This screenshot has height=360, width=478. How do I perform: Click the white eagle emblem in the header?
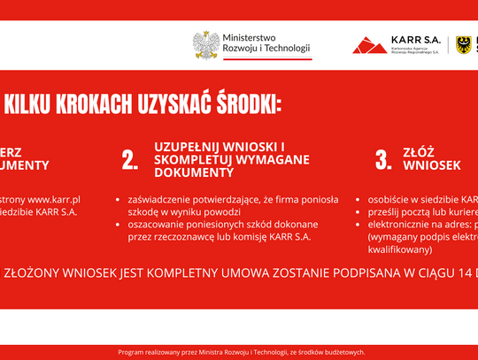(205, 45)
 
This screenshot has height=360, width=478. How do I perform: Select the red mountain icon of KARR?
(368, 45)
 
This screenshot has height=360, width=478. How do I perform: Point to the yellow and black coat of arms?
(463, 45)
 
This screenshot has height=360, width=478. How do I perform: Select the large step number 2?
(130, 159)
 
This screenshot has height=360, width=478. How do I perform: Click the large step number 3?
(382, 159)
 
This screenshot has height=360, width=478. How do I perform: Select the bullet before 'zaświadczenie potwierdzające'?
(119, 200)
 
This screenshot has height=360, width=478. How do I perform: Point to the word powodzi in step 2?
(223, 212)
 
